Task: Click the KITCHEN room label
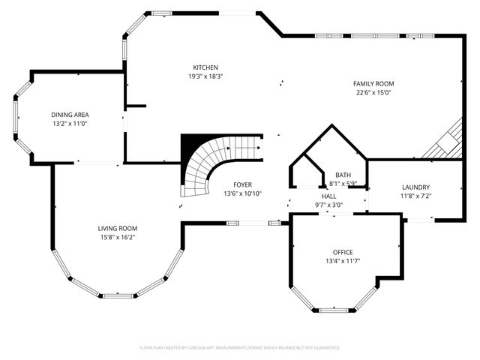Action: tap(205, 67)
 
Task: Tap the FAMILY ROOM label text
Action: tap(374, 84)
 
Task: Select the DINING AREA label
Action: tap(70, 115)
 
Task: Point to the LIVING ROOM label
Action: tap(117, 228)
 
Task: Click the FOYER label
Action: tap(242, 184)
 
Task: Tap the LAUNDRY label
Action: tap(415, 187)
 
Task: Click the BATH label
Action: tap(343, 174)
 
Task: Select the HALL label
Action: tap(328, 196)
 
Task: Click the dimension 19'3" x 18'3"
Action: tap(205, 76)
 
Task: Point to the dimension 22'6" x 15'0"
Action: tap(374, 93)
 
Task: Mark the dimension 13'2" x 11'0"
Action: tap(70, 124)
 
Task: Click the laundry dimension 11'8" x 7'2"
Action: tap(415, 196)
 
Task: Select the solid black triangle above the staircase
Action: tap(192, 145)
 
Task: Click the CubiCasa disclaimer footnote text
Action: tap(240, 348)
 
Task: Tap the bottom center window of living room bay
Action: tap(117, 295)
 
